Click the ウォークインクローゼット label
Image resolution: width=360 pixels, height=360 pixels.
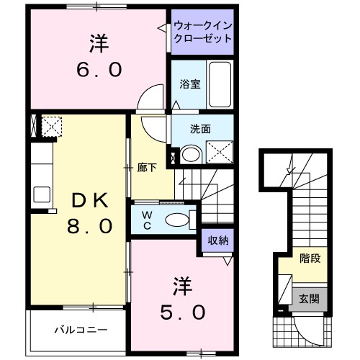[203, 34]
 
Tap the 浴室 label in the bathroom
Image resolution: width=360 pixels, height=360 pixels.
[190, 84]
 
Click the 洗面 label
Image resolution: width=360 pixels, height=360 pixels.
[200, 130]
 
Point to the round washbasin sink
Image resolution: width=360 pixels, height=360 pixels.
[191, 153]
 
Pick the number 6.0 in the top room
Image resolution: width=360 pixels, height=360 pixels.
[99, 71]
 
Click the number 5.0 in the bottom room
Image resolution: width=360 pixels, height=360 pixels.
[184, 312]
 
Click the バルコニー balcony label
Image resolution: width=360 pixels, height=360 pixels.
[81, 330]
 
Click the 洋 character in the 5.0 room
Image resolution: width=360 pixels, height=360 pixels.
[183, 284]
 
